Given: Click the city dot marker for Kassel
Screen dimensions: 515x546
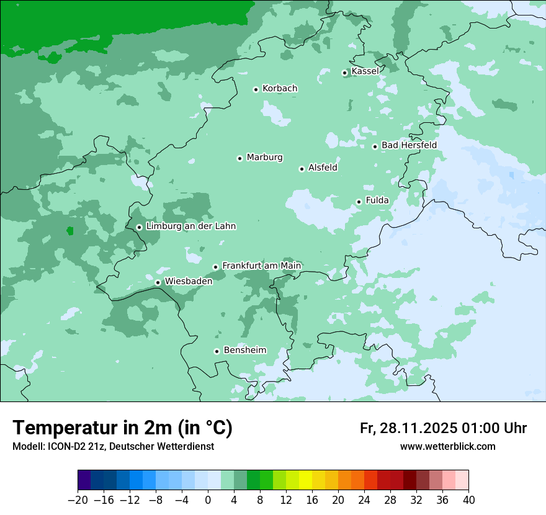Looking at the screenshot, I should tap(345, 73).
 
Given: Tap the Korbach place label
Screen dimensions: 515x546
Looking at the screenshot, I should tap(280, 89).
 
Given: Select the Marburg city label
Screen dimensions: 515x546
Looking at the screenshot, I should tap(264, 158).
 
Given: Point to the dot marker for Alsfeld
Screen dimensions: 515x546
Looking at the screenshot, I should tap(302, 169).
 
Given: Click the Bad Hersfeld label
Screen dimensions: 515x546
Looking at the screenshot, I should tap(409, 145).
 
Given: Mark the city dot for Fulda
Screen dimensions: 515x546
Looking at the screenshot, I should tap(359, 202).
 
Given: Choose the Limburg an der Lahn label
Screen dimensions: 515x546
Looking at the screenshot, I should tap(190, 226).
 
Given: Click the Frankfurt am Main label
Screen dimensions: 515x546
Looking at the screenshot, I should tap(261, 266).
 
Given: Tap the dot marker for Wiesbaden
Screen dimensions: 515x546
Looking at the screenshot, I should tap(158, 283).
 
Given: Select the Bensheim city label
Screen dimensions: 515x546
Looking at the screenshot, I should tap(244, 351).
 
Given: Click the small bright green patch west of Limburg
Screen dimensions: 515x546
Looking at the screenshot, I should tap(70, 231).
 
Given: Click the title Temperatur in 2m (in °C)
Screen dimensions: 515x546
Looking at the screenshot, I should tap(122, 428).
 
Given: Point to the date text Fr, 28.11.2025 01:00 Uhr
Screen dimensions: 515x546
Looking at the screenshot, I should tap(443, 428).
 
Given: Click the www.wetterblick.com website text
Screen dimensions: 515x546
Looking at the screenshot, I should tap(447, 447).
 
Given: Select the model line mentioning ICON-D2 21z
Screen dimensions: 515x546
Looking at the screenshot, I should tap(113, 447).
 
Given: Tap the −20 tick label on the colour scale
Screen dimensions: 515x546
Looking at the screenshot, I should tap(78, 500).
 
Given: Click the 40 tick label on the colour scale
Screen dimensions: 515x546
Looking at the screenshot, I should tap(468, 500).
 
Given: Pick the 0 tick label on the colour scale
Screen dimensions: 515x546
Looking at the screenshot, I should tap(208, 500).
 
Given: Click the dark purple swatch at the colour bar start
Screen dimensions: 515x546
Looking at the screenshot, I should tap(84, 480).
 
